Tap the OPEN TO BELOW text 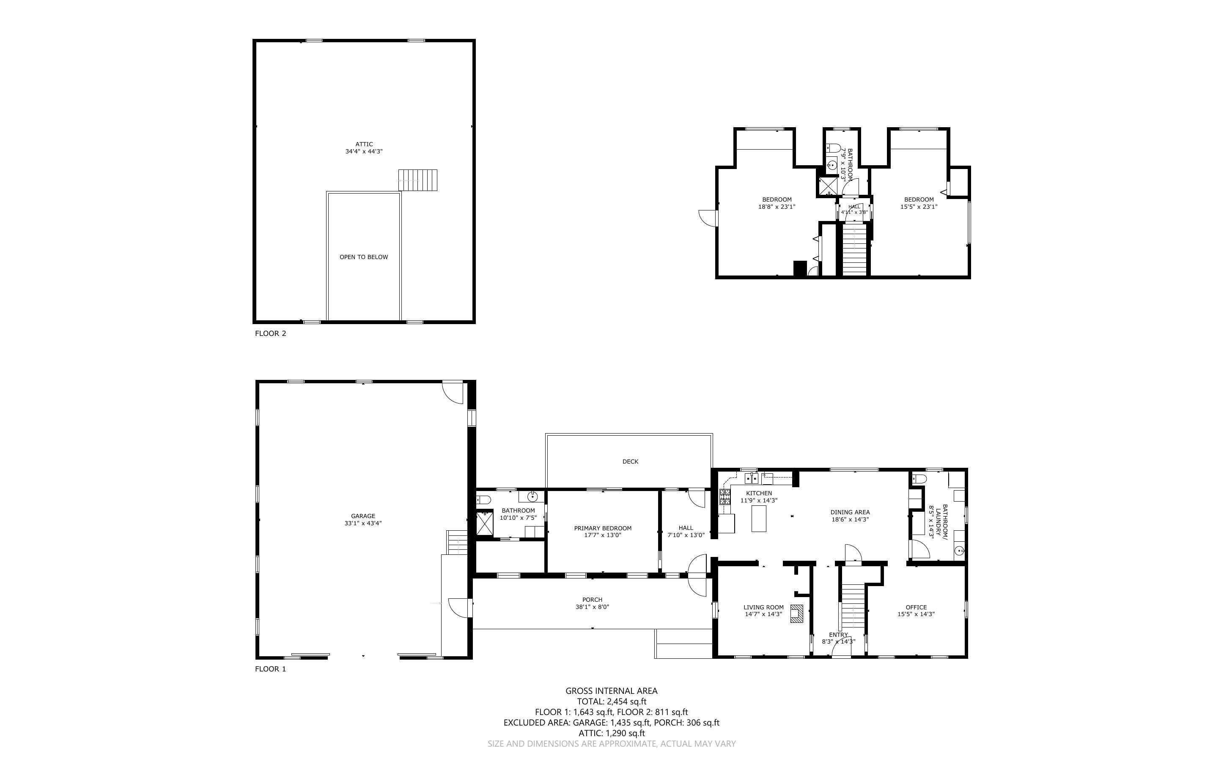coord(363,256)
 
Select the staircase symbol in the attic coord(417,180)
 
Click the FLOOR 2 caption coord(271,333)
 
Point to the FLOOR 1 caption coord(271,669)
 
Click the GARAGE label coord(363,520)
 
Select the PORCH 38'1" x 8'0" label coord(592,603)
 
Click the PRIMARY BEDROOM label coord(603,532)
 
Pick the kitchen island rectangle coord(759,518)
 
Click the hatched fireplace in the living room coord(797,614)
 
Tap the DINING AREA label coord(850,516)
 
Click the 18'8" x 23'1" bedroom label coord(777,203)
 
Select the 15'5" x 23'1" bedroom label coord(919,203)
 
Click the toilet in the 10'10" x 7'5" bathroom coord(484,500)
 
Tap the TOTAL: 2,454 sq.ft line coord(612,701)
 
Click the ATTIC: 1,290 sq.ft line coord(612,733)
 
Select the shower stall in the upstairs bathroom coord(829,186)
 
